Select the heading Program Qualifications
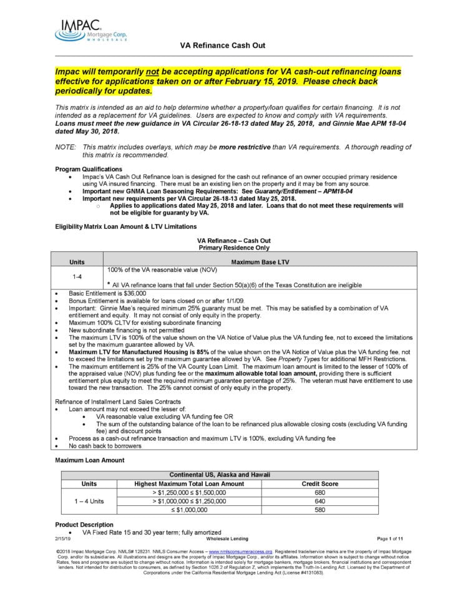89,169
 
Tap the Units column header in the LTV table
77,262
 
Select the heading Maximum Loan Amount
89,460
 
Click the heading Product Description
84,525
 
